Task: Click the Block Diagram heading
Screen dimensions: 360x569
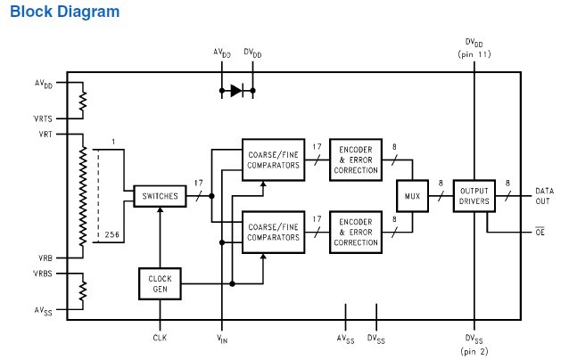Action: pos(64,12)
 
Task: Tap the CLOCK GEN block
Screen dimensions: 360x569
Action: pos(161,283)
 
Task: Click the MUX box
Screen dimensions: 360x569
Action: pos(412,195)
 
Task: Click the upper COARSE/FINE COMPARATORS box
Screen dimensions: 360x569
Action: pos(272,158)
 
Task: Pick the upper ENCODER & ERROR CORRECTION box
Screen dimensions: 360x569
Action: pos(355,158)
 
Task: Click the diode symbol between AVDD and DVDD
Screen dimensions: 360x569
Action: pos(237,89)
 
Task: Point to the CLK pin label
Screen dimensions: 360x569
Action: pos(161,338)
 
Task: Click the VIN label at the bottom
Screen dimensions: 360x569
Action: pos(221,339)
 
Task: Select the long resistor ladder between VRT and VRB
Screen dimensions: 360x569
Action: pos(82,194)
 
